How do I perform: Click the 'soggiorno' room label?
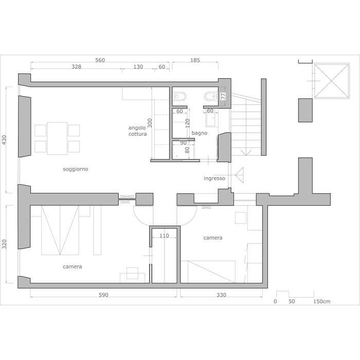pyautogui.click(x=75, y=169)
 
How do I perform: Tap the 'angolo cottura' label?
pyautogui.click(x=137, y=131)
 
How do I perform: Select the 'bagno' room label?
pyautogui.click(x=200, y=133)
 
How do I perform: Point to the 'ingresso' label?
pyautogui.click(x=214, y=178)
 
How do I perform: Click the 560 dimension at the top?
pyautogui.click(x=100, y=60)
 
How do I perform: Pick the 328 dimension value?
pyautogui.click(x=76, y=66)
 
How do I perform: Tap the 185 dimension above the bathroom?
pyautogui.click(x=195, y=60)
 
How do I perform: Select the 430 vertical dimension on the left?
pyautogui.click(x=5, y=140)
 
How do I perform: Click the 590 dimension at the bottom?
pyautogui.click(x=103, y=295)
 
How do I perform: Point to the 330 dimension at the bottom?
pyautogui.click(x=221, y=295)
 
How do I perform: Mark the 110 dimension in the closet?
pyautogui.click(x=164, y=236)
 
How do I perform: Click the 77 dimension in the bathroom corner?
pyautogui.click(x=223, y=96)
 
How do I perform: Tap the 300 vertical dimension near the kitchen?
pyautogui.click(x=150, y=123)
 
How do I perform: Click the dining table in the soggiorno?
pyautogui.click(x=57, y=138)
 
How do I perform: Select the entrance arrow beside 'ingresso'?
pyautogui.click(x=239, y=175)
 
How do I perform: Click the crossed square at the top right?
pyautogui.click(x=331, y=81)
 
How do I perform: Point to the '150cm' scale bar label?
pyautogui.click(x=322, y=301)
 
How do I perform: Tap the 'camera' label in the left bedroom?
pyautogui.click(x=73, y=266)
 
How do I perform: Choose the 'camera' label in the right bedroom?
pyautogui.click(x=213, y=238)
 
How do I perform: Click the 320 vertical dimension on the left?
pyautogui.click(x=5, y=244)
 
